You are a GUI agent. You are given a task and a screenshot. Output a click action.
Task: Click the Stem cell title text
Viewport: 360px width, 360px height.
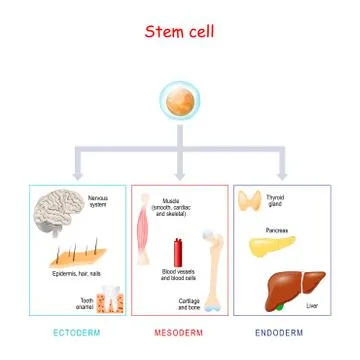[x=180, y=31]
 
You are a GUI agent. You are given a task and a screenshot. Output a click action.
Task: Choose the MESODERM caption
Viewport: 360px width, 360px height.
[x=179, y=331]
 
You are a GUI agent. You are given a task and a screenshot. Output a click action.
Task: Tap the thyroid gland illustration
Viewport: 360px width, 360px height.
[x=249, y=201]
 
